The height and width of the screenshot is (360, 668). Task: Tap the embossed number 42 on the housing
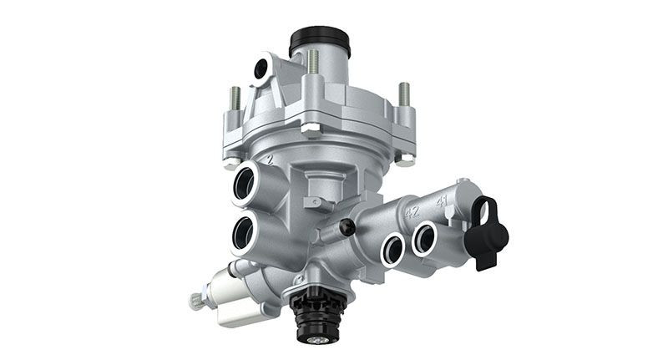[x=411, y=212]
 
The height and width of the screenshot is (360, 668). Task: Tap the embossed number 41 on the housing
[x=441, y=200]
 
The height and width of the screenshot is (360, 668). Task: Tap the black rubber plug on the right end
[x=488, y=231]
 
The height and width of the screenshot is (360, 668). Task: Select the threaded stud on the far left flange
[x=235, y=99]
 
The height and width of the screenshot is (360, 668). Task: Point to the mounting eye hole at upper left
[x=264, y=66]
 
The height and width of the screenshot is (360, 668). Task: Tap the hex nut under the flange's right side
[x=406, y=158]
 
